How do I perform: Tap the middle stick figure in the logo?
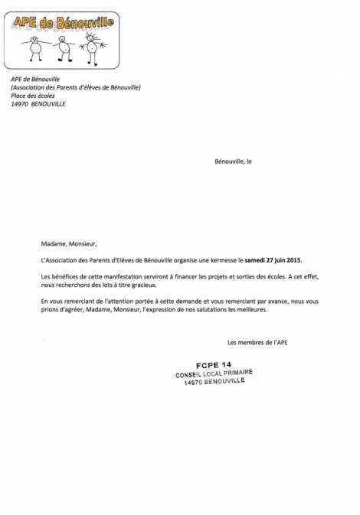[64, 47]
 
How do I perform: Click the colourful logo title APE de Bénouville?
[63, 23]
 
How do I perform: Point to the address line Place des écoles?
[34, 96]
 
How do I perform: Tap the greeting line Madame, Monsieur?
[69, 244]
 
